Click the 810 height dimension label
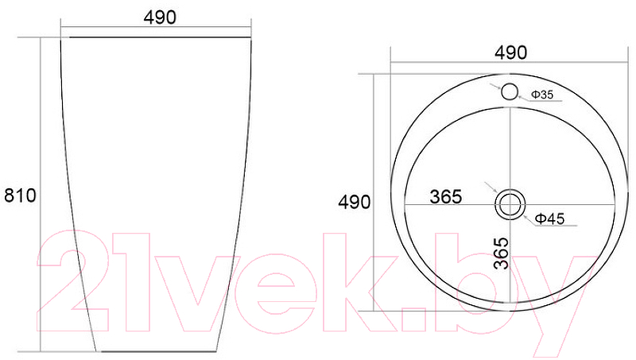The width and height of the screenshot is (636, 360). [x=20, y=195]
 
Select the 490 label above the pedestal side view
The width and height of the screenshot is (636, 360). [x=160, y=17]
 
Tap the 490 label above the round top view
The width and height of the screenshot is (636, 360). [x=510, y=52]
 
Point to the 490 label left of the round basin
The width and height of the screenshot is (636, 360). [x=354, y=202]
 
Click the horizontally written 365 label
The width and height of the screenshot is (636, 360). [x=446, y=197]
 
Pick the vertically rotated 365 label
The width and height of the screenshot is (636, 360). [x=502, y=254]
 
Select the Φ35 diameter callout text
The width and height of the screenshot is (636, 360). [x=542, y=95]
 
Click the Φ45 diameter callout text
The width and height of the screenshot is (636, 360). [x=549, y=219]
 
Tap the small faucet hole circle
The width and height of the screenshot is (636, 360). [x=510, y=91]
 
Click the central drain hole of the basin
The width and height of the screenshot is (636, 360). [x=510, y=204]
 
